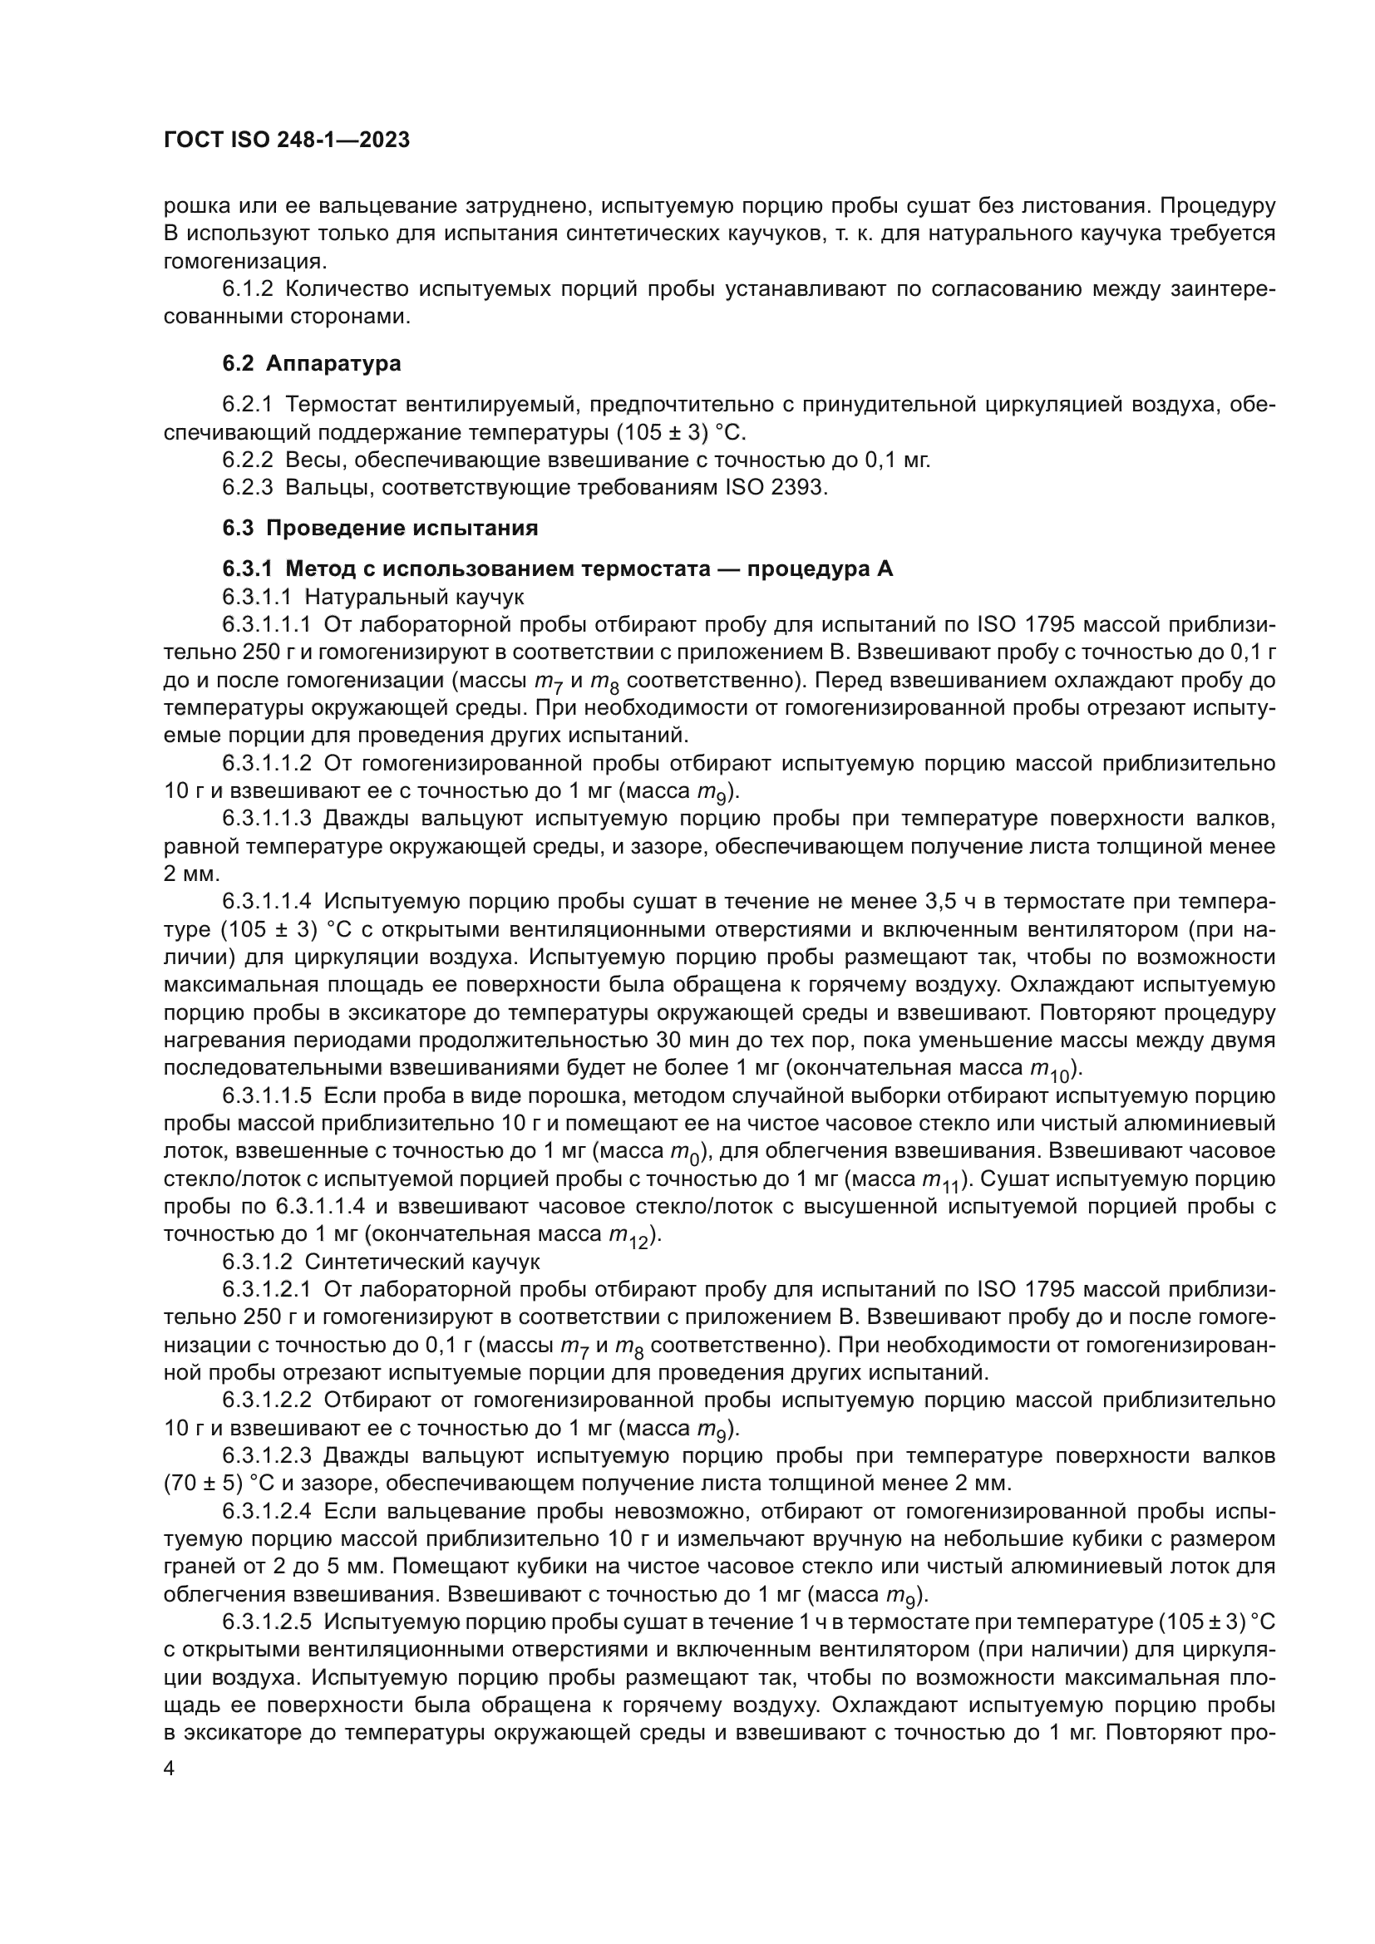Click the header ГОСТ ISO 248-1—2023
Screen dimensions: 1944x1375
[x=286, y=140]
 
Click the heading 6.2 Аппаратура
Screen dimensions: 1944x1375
[x=312, y=364]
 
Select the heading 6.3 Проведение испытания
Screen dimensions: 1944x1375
[x=380, y=529]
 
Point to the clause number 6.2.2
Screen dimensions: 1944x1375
[x=247, y=460]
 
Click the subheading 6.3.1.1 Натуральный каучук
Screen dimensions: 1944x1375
[x=373, y=598]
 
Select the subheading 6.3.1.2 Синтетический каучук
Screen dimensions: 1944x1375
[x=380, y=1262]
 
